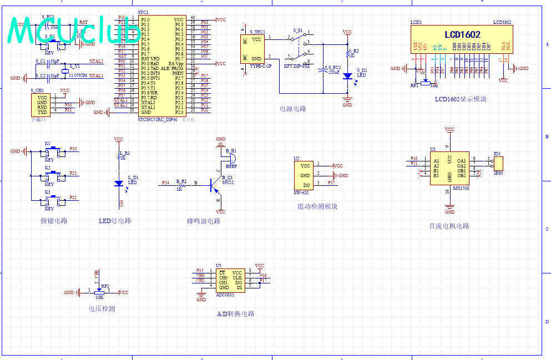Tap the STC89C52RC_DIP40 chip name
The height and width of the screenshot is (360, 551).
tap(157, 118)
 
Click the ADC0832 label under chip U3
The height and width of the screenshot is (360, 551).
tap(225, 295)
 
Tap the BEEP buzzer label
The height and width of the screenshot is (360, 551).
tap(230, 165)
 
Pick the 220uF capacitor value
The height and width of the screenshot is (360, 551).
tap(334, 72)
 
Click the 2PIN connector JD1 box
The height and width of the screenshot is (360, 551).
tap(498, 163)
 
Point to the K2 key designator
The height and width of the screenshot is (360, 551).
tap(48, 168)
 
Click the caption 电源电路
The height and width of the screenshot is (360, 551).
tap(293, 109)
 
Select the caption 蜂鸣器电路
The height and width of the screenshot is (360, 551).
tap(203, 221)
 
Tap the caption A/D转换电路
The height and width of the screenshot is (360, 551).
tap(236, 313)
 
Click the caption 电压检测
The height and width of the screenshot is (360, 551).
tap(102, 308)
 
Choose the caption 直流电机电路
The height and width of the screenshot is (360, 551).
tap(449, 226)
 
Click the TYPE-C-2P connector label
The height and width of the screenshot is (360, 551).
tap(260, 66)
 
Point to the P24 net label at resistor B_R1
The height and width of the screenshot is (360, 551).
tap(165, 182)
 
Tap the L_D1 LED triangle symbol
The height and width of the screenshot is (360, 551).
tap(118, 183)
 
